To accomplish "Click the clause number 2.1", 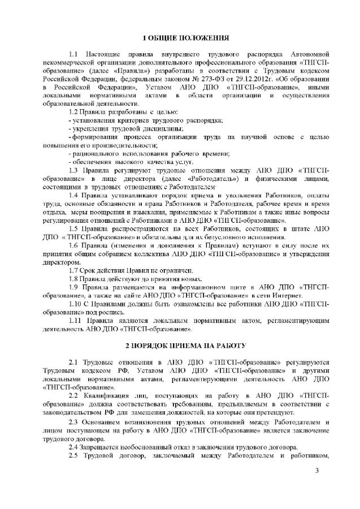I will [72, 361].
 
